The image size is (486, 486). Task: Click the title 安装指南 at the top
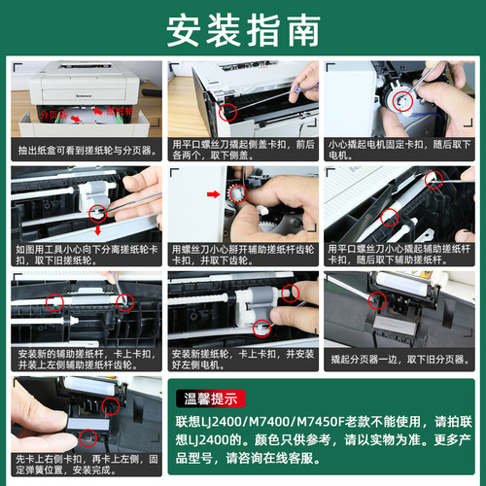click(x=242, y=30)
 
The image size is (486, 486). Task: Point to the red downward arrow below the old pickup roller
click(x=96, y=230)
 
